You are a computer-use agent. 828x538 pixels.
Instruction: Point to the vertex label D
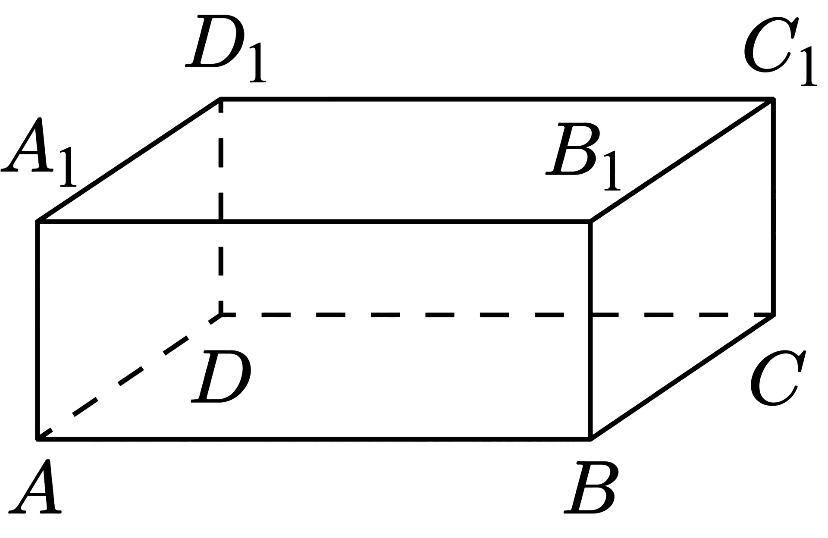221,377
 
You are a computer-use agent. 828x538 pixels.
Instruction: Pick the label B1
583,157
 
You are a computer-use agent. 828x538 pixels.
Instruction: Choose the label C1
780,52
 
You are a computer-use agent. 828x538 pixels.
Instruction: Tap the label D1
226,48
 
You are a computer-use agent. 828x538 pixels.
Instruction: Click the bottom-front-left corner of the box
38,439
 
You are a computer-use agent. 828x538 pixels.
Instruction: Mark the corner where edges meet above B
590,222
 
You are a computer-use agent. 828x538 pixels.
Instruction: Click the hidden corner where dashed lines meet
221,315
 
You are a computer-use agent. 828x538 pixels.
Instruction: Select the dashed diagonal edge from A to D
129,377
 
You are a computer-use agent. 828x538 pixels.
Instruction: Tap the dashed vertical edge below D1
221,207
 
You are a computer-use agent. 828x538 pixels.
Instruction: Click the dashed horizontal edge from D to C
497,315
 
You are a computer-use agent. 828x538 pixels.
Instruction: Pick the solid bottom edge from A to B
314,439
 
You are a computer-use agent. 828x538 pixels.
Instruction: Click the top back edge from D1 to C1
497,100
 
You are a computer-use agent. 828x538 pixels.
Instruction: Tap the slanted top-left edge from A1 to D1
129,160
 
